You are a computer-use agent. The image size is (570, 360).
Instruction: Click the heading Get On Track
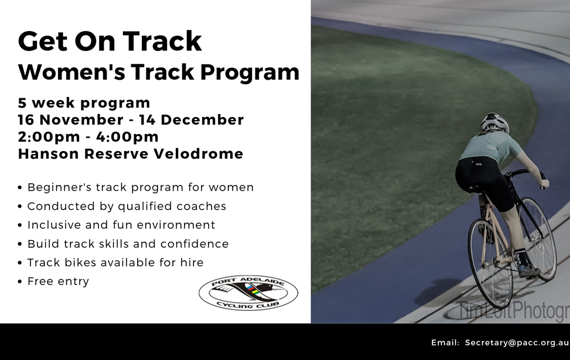coord(110,41)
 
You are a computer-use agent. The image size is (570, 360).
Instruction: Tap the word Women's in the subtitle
coord(71,72)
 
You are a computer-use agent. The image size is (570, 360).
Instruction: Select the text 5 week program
coord(84,103)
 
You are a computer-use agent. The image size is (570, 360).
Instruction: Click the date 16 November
coord(71,120)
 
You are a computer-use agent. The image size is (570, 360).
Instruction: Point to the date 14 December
coord(192,120)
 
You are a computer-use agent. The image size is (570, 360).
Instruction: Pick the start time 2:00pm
coord(49,137)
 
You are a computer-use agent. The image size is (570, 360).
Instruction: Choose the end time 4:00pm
coord(128,137)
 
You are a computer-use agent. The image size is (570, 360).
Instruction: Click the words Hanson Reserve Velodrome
coord(131,154)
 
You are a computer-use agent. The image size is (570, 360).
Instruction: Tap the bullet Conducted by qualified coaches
coord(127,206)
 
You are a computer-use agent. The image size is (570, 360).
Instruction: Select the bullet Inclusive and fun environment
coord(121,225)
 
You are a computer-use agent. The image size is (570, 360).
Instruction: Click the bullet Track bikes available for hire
coord(115,262)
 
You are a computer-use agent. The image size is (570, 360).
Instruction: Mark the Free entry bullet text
coord(58,282)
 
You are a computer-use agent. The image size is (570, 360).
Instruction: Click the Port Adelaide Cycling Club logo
coord(248,293)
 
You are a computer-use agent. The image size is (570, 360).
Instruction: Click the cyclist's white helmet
coord(495,123)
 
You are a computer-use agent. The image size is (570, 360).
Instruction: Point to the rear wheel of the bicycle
coord(490,263)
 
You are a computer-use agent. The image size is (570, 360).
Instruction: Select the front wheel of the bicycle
coord(540,238)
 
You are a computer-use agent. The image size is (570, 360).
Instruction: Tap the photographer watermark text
coord(509,311)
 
